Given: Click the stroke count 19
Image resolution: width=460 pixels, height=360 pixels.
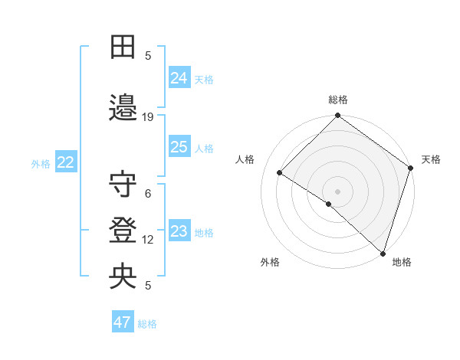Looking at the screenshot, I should click(x=148, y=117).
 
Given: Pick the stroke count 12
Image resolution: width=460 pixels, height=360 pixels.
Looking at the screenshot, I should click(x=148, y=240).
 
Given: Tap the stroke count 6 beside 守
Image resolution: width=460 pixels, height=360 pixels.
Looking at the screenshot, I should click(x=148, y=194).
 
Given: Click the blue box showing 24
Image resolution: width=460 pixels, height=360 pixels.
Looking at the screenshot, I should click(x=179, y=77).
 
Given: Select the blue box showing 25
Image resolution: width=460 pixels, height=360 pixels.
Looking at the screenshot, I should click(x=179, y=147).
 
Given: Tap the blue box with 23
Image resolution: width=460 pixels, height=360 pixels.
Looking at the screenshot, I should click(x=179, y=231).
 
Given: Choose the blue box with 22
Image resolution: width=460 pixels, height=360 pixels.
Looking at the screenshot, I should click(x=66, y=162).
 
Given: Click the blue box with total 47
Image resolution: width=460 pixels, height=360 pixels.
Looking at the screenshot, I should click(x=123, y=322).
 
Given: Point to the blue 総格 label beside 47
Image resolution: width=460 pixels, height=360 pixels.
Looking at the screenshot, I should click(x=147, y=324).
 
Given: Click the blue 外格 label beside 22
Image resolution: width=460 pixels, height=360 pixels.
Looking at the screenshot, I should click(x=41, y=163).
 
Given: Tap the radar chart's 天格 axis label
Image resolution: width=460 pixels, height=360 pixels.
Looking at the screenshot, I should click(x=431, y=159).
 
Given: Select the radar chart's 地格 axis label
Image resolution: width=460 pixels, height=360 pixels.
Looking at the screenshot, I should click(x=402, y=262).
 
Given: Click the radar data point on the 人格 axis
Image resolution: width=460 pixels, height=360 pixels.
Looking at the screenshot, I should click(x=281, y=173).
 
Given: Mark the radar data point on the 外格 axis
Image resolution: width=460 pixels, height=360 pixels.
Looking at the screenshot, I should click(x=329, y=204).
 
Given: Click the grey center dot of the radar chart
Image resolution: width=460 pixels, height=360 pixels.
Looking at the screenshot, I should click(x=337, y=190).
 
